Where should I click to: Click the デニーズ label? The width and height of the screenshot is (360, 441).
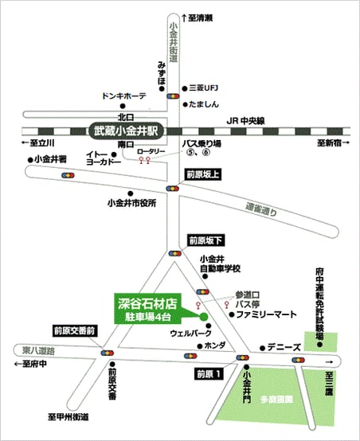(284, 348)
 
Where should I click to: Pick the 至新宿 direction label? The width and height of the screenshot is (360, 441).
(333, 143)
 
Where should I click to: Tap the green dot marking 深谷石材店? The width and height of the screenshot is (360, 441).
(204, 317)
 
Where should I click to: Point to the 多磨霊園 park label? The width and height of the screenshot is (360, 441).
(276, 399)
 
